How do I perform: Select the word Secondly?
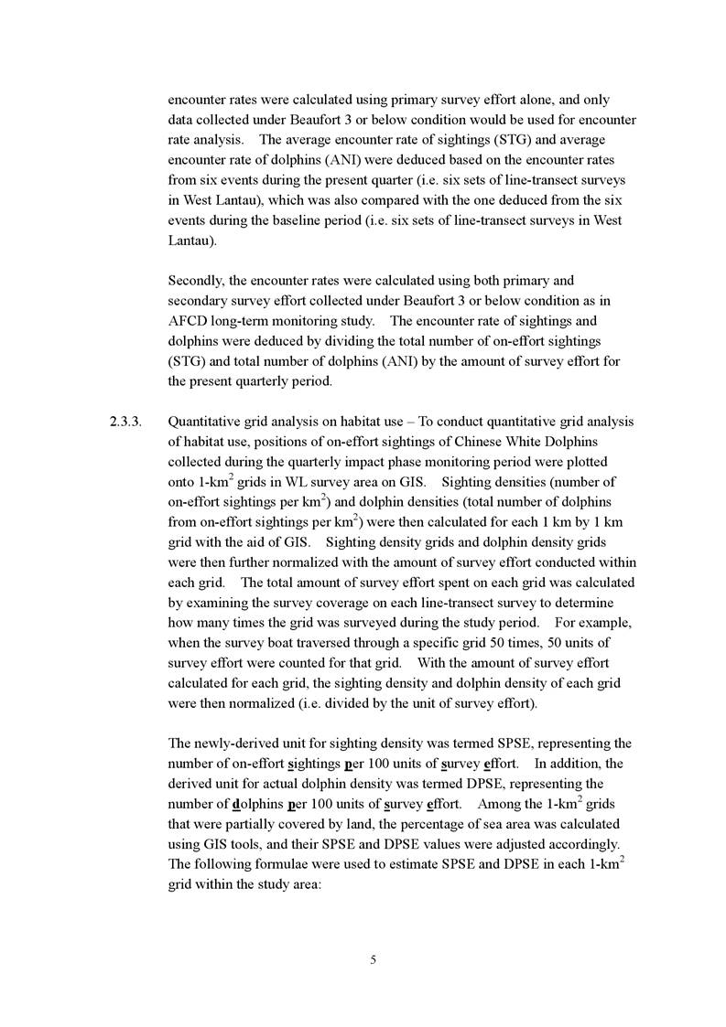196,280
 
